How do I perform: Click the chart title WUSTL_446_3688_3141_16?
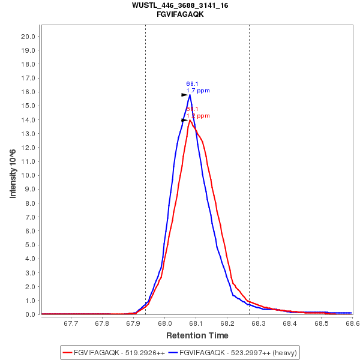pyautogui.click(x=180, y=5)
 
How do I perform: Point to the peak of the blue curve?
pyautogui.click(x=190, y=95)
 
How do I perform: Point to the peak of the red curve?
pyautogui.click(x=190, y=120)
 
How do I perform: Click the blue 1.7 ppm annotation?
pyautogui.click(x=198, y=91)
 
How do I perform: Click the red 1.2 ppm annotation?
pyautogui.click(x=198, y=116)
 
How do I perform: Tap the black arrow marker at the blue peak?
pyautogui.click(x=185, y=95)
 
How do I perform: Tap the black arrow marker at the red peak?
pyautogui.click(x=185, y=120)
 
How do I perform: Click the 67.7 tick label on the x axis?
pyautogui.click(x=71, y=324)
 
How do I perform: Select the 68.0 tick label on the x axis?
pyautogui.click(x=165, y=324)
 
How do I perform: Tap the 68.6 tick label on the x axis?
pyautogui.click(x=352, y=324)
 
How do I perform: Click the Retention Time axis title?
pyautogui.click(x=197, y=335)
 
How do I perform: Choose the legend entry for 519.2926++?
pyautogui.click(x=114, y=352)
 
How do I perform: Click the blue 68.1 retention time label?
pyautogui.click(x=192, y=84)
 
